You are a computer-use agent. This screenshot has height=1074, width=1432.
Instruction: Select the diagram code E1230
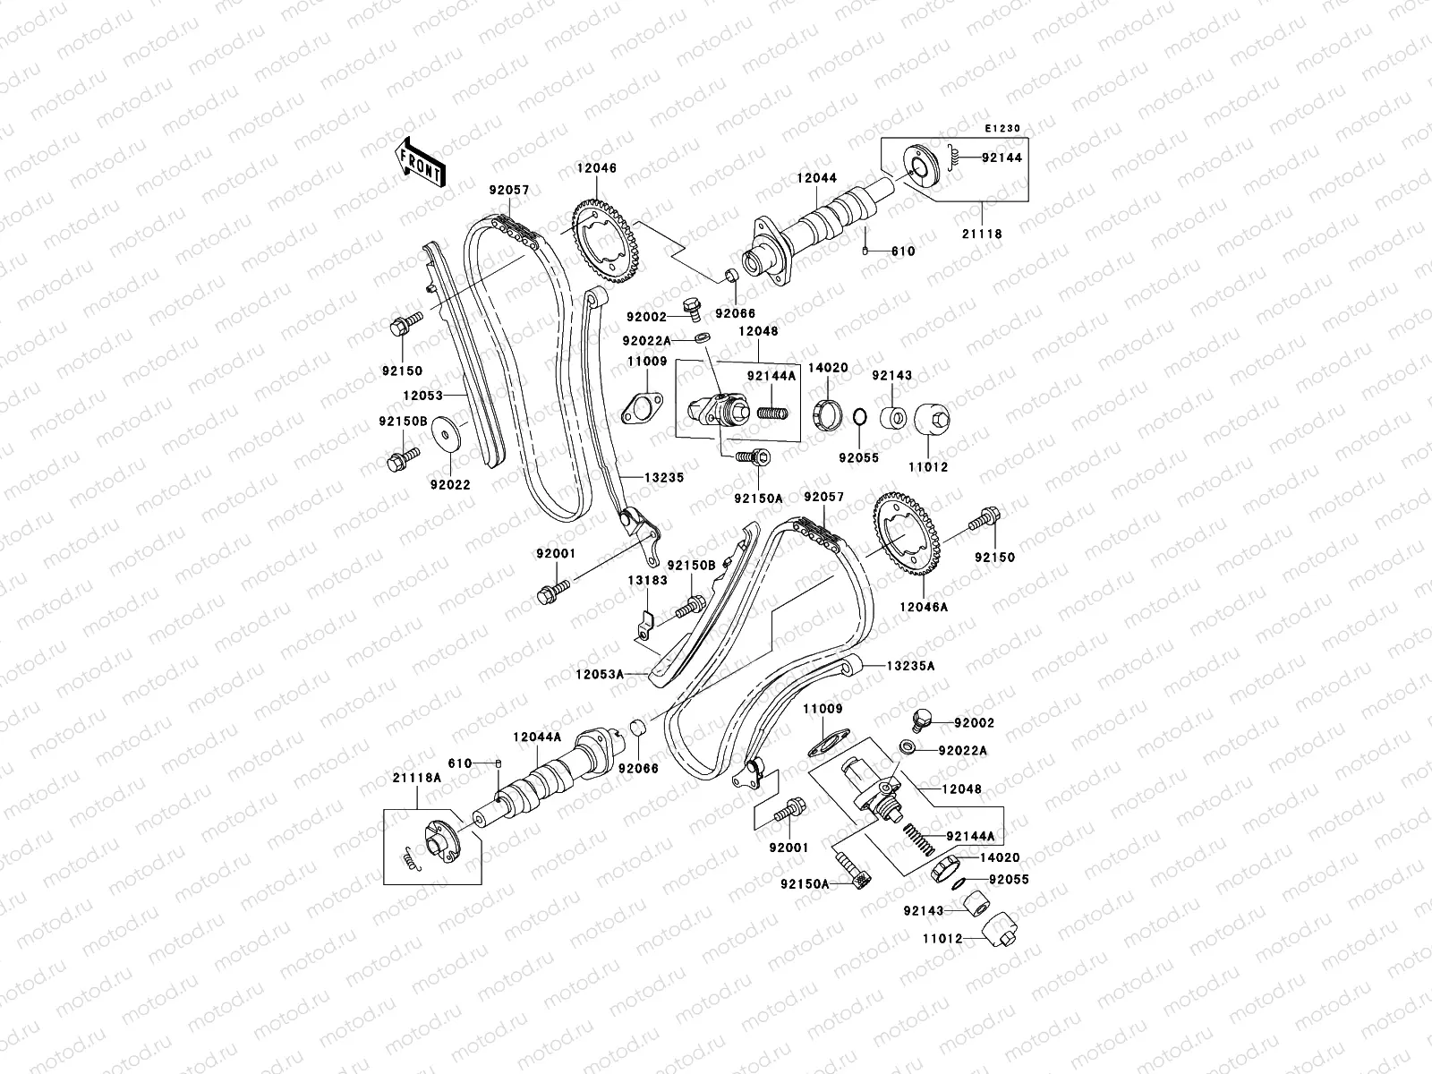coord(1002,129)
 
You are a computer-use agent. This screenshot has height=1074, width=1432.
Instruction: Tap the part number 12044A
coord(537,737)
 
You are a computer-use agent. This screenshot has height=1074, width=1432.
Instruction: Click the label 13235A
coord(911,666)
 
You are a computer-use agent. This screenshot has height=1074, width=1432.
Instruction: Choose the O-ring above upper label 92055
coord(857,417)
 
